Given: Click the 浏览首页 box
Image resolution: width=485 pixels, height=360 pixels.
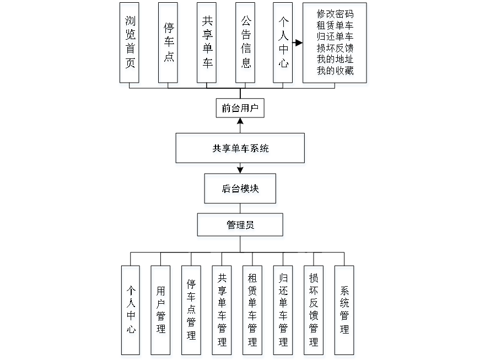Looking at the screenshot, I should point(130,45).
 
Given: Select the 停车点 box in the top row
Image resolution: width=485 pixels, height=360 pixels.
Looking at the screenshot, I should point(169,45).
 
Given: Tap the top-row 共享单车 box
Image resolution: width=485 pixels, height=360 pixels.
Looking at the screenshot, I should point(207,45).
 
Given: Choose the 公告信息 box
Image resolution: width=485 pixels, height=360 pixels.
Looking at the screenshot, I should point(246,45).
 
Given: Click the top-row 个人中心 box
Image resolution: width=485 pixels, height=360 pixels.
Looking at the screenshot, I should point(284,45).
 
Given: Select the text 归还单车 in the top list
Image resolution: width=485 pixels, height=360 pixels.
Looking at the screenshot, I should point(335,37).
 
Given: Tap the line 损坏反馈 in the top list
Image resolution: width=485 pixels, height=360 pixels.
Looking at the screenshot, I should point(335,49).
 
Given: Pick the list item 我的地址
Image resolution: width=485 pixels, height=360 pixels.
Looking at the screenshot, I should point(335,60).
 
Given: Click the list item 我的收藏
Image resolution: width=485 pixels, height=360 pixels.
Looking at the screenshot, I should point(335,71).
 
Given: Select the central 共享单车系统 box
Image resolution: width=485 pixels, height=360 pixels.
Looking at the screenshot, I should point(240,150).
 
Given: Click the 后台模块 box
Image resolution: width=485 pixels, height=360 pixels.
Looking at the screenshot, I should point(241,191).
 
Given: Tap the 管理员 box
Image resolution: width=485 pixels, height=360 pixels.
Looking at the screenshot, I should point(241,227).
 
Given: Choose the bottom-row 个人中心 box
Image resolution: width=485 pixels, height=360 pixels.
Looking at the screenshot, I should point(131,312).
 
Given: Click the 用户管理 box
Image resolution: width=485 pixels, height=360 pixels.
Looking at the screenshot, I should point(161,312).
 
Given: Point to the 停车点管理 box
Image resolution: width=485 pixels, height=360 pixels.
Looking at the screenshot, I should point(192,312).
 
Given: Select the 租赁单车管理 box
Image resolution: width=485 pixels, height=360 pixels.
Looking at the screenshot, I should point(253,312).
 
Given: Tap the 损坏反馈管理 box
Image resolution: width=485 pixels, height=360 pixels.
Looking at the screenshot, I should point(314,312).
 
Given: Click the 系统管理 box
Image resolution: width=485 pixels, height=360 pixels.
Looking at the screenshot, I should point(344,312).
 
